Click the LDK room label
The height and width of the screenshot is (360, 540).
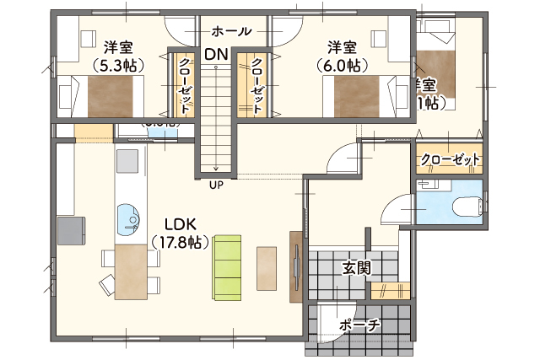coord(180,224)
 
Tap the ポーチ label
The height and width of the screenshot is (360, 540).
coord(359,325)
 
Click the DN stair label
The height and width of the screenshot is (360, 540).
coord(214,54)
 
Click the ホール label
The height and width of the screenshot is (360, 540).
coord(232,31)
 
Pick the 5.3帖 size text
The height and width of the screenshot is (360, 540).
coord(117,65)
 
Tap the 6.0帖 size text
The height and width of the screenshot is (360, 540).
coord(342,65)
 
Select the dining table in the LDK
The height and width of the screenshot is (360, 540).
coord(131,271)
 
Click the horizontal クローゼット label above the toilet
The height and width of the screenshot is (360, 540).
coord(450,159)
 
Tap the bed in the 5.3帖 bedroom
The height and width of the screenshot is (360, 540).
coord(108,95)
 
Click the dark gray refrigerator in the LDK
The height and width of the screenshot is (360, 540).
coord(70,229)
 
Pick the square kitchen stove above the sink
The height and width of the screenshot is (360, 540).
coord(127,160)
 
